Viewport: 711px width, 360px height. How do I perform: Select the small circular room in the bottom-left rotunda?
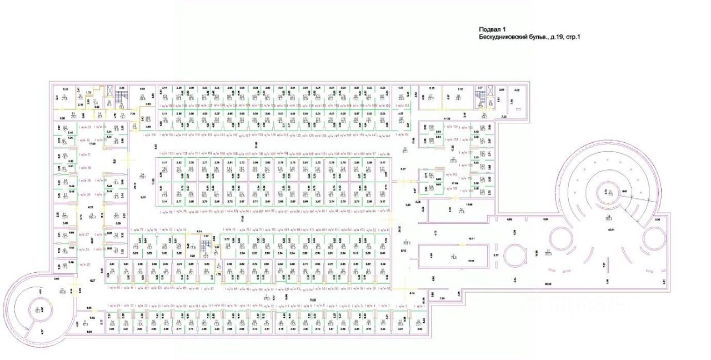(x=38, y=309)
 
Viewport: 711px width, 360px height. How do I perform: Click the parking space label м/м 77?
(x=138, y=229)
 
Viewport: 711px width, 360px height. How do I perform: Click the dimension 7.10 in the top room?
(x=460, y=89)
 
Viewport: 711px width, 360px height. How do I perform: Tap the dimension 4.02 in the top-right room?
(x=517, y=90)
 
